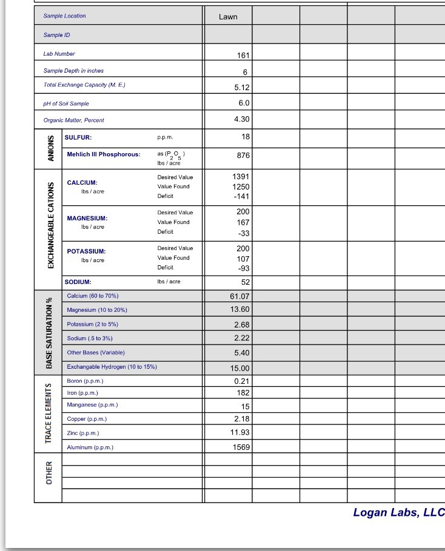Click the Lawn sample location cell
228,16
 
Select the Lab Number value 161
243,55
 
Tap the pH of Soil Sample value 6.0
243,103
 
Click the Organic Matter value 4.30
241,119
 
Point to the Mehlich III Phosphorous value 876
243,156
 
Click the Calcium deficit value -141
241,197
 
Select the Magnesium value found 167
243,222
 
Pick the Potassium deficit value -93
243,268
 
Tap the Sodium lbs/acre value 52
245,282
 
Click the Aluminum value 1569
241,447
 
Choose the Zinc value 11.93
240,432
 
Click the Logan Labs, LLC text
398,513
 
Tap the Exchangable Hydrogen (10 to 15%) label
112,367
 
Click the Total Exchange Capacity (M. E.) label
84,85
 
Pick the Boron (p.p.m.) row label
85,381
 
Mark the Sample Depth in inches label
73,71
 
